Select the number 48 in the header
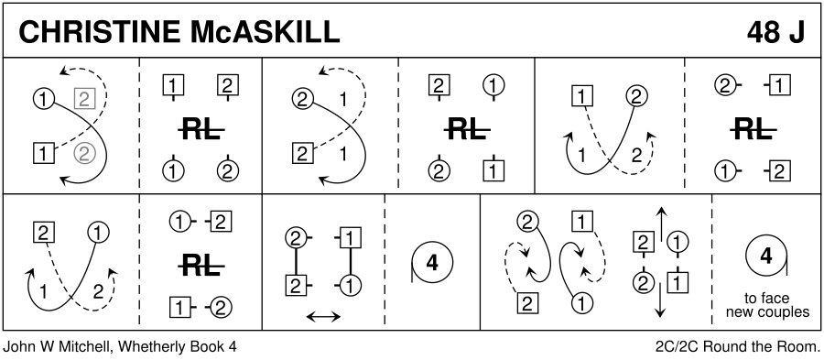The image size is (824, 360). (764, 33)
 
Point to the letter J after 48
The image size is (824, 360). (797, 33)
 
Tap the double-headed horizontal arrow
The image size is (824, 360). (323, 316)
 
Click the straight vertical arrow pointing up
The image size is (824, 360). (660, 223)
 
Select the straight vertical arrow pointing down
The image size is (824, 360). (660, 300)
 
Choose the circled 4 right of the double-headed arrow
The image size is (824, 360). (432, 263)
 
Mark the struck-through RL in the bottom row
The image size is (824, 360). (201, 267)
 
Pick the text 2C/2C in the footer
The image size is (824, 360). (678, 347)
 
